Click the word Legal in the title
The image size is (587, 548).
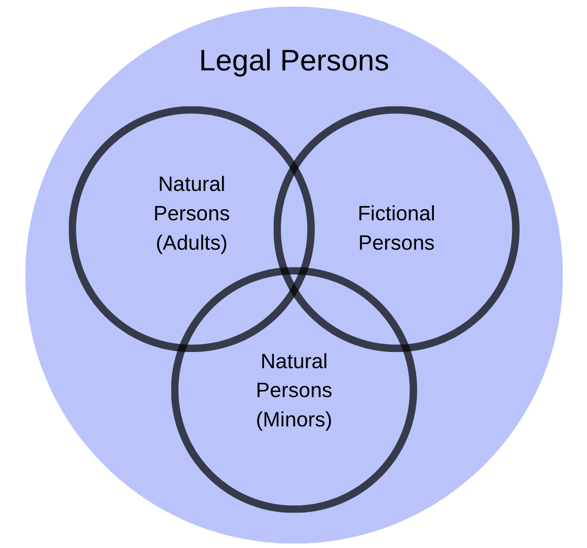click(x=235, y=62)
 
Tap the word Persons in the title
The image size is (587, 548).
click(x=334, y=61)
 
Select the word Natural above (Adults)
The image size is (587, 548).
click(x=192, y=184)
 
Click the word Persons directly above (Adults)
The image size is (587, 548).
click(x=192, y=213)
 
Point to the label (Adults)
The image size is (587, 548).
click(x=192, y=243)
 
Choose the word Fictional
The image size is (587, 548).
click(x=396, y=213)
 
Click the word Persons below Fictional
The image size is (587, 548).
click(x=396, y=243)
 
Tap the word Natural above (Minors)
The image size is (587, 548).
click(x=294, y=361)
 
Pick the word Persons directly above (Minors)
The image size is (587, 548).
click(x=294, y=390)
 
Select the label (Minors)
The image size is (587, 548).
click(x=294, y=419)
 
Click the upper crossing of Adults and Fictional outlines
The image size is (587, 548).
click(x=294, y=167)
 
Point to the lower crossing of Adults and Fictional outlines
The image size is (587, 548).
click(x=294, y=291)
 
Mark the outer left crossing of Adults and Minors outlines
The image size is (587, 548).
click(x=183, y=347)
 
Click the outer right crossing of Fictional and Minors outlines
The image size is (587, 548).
click(x=405, y=347)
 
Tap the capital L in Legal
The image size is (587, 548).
click(x=206, y=61)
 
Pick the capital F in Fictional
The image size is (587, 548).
click(x=363, y=213)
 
